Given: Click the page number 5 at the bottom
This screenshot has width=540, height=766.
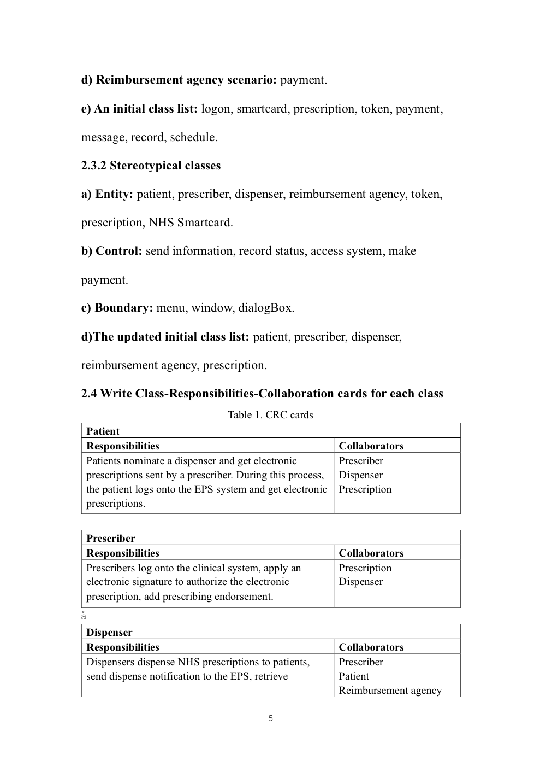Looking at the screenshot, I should pyautogui.click(x=271, y=718).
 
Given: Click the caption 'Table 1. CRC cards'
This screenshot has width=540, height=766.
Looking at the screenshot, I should pyautogui.click(x=270, y=415).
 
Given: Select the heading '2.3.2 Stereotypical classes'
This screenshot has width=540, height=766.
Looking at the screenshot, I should pyautogui.click(x=151, y=166).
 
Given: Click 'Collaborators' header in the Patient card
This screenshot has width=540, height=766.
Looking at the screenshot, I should pyautogui.click(x=371, y=446).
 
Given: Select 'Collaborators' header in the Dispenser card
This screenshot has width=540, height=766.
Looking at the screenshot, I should pyautogui.click(x=371, y=647).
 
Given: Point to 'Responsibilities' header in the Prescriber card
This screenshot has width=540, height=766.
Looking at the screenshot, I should pyautogui.click(x=123, y=553).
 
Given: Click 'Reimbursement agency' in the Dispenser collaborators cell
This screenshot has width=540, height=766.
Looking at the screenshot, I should pyautogui.click(x=390, y=690).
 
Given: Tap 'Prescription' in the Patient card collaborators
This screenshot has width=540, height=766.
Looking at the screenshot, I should pyautogui.click(x=365, y=489).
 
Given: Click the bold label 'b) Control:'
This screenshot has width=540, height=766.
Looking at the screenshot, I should pyautogui.click(x=112, y=251).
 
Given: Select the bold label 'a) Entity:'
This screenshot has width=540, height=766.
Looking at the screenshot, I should pyautogui.click(x=107, y=194).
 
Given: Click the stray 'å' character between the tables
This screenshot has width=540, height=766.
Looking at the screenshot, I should pyautogui.click(x=84, y=616).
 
